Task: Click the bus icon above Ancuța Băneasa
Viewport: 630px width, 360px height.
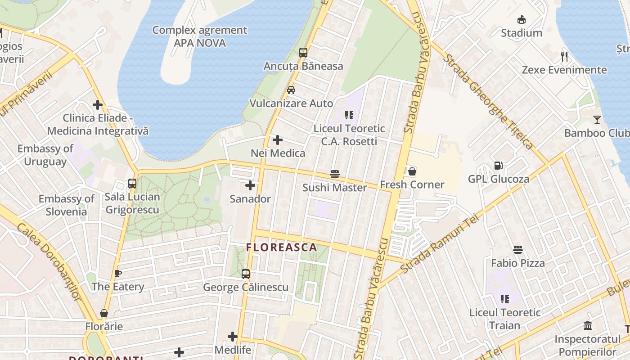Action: pos(303,53)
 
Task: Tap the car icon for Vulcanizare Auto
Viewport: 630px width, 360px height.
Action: pos(291,90)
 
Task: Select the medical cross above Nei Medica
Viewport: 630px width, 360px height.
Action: pos(278,140)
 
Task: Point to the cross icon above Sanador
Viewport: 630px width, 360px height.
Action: pos(250,185)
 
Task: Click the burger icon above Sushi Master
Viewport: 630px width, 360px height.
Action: pos(334,174)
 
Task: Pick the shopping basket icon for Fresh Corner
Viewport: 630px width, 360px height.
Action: pos(412,171)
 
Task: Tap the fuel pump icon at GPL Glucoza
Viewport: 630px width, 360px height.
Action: pos(498,166)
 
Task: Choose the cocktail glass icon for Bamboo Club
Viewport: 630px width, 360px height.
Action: pos(597,120)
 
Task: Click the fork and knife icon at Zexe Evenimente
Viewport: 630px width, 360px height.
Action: pos(564,57)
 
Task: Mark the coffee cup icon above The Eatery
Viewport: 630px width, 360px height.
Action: pos(118,273)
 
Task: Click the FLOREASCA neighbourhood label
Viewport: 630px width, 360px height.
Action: pos(282,247)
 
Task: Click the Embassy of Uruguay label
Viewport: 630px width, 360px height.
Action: pos(45,155)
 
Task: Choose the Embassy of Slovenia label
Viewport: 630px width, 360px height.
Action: pos(66,205)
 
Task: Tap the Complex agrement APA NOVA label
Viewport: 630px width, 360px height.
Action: pos(199,36)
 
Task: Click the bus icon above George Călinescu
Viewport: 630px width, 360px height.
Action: pos(246,274)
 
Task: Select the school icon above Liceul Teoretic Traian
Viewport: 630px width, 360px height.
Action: pos(505,299)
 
